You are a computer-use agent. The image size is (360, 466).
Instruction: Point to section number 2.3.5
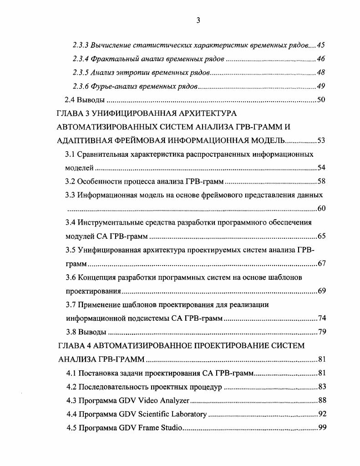(x=81, y=73)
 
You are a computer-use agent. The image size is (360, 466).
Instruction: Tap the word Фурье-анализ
(x=112, y=87)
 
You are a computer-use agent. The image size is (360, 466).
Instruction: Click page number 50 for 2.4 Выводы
(x=321, y=100)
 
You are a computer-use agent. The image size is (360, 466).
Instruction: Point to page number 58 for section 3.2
(x=321, y=181)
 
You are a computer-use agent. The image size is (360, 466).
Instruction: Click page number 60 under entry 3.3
(x=321, y=209)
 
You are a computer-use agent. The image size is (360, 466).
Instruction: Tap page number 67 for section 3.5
(x=321, y=264)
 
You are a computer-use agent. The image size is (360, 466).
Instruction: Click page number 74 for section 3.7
(x=321, y=318)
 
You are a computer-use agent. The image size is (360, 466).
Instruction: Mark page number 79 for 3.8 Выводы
(x=321, y=332)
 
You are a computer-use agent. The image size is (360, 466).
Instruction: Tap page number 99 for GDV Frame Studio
(x=321, y=428)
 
